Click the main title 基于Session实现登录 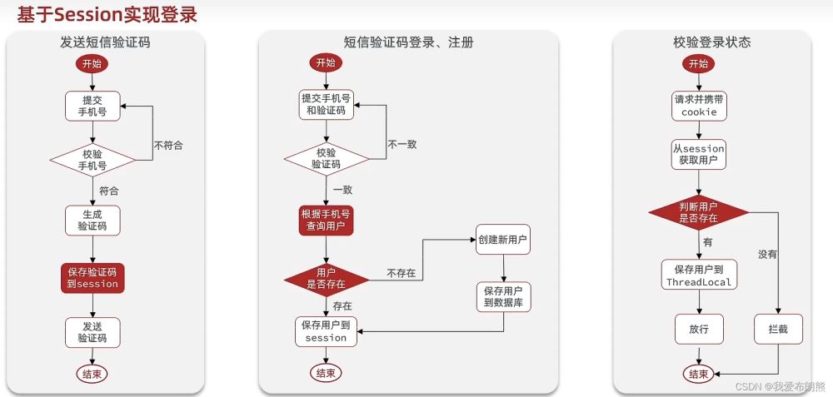(x=108, y=14)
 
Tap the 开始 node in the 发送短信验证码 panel (x=92, y=64)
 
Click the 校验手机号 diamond (x=92, y=159)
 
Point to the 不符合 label (x=168, y=145)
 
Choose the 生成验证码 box (x=92, y=220)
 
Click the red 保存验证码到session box (x=92, y=277)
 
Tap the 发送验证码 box (x=92, y=332)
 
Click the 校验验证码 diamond (x=326, y=158)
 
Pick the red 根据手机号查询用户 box (x=326, y=220)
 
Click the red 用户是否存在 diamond (x=326, y=279)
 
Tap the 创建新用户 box (x=503, y=240)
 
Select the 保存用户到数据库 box (x=503, y=298)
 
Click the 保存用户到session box (x=326, y=331)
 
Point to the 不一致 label (x=402, y=144)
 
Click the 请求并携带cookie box (x=699, y=105)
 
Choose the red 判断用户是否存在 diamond (x=699, y=212)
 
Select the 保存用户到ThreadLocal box (x=699, y=275)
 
